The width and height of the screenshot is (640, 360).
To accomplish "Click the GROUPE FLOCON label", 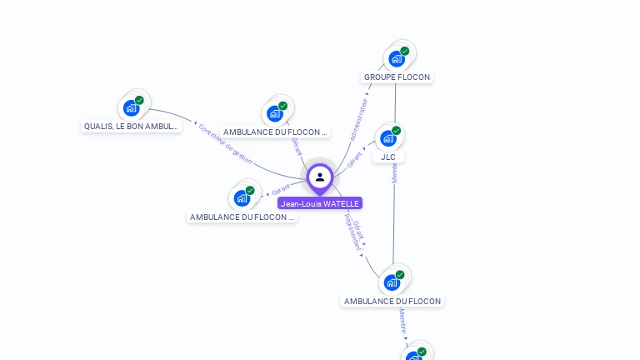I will (397, 77).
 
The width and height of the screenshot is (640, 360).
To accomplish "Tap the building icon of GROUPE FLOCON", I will (396, 59).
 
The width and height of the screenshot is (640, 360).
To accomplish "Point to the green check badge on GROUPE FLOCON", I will (405, 51).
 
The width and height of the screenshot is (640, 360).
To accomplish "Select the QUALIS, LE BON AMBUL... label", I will (132, 127).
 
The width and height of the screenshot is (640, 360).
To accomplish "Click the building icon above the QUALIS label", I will (131, 108).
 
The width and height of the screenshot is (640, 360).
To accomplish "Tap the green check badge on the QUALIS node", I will (139, 100).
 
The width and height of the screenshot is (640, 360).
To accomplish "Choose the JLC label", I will (388, 157).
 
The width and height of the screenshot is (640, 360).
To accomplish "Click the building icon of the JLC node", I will (387, 139).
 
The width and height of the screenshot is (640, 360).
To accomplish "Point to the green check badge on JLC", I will (397, 131).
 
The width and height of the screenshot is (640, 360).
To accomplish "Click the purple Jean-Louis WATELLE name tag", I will (320, 203).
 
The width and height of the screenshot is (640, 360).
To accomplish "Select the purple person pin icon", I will (320, 177).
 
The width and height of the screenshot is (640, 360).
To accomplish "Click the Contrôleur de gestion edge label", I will (224, 143).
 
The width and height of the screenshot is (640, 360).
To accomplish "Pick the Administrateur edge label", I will (359, 117).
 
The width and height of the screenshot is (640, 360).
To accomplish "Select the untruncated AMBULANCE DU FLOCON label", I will (392, 302).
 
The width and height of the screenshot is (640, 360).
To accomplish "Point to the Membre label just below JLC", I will (395, 173).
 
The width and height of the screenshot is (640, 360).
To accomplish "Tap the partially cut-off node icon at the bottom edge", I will (413, 356).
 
